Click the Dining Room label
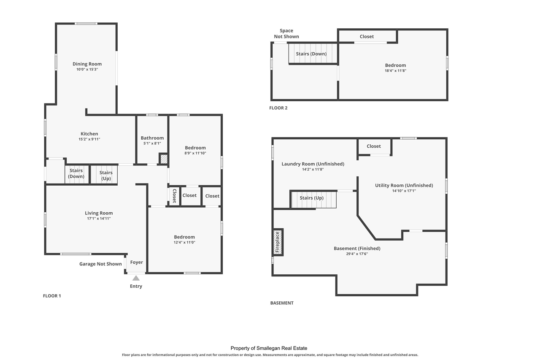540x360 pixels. click(87, 64)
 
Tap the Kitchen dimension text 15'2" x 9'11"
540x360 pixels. click(89, 139)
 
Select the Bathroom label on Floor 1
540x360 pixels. click(152, 138)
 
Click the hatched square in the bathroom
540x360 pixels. click(164, 159)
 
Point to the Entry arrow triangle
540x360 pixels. click(136, 278)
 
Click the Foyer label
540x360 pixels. click(136, 262)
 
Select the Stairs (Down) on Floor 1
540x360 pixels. click(76, 174)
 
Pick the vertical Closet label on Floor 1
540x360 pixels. click(174, 196)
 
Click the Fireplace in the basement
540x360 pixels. click(278, 242)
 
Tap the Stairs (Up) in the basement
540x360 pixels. click(312, 198)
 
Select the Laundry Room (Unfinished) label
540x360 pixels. click(313, 164)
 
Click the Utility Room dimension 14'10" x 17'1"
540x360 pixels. click(404, 191)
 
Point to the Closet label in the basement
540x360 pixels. click(373, 146)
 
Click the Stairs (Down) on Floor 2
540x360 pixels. click(311, 54)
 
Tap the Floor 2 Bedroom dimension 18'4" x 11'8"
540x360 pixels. click(395, 71)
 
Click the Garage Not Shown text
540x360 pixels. click(100, 264)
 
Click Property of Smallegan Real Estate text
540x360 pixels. click(269, 348)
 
